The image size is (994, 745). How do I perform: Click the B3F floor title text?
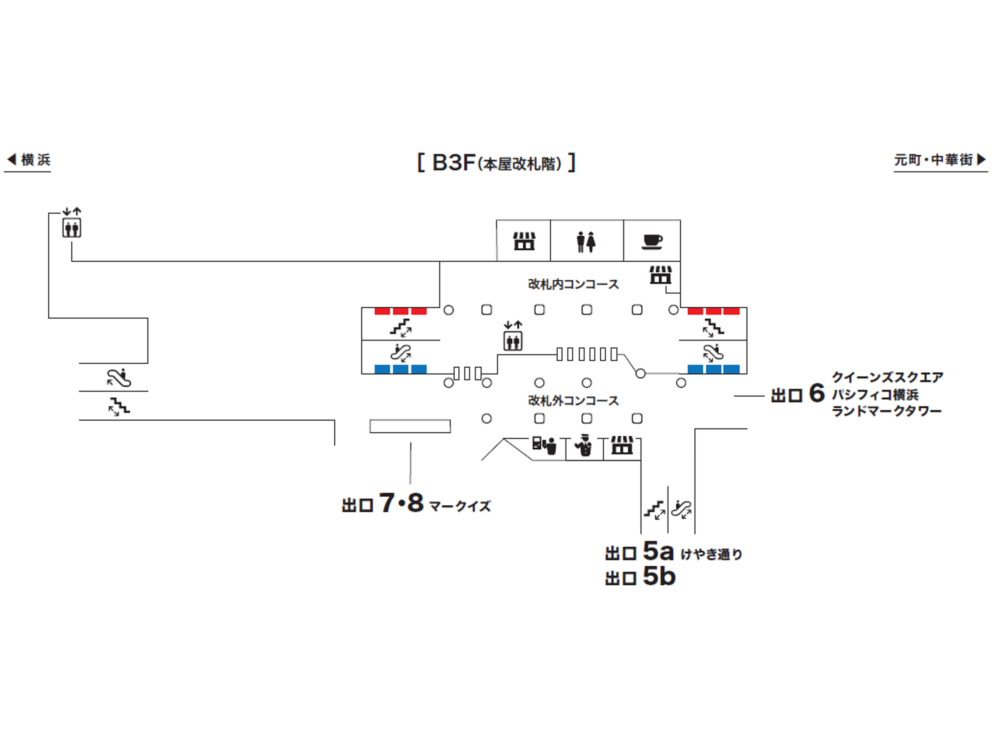tap(496, 163)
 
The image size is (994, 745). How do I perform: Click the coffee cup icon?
tap(652, 241)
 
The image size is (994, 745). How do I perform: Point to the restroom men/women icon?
tap(586, 242)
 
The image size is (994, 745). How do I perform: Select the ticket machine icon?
tap(545, 445)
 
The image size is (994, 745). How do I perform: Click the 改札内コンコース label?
tap(573, 284)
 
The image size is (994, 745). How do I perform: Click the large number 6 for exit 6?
tap(817, 394)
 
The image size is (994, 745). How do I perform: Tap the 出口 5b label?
tap(640, 577)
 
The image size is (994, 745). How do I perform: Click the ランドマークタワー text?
tap(886, 411)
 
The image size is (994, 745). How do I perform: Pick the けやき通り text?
tap(711, 554)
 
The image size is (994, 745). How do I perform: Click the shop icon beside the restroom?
tap(524, 241)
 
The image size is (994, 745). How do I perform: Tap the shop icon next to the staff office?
tap(622, 445)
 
